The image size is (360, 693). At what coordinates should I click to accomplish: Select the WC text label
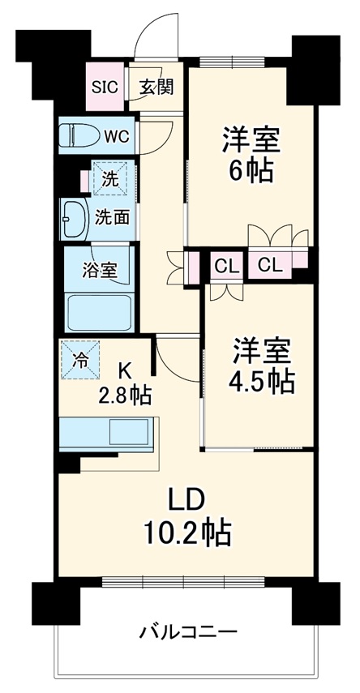point(115,135)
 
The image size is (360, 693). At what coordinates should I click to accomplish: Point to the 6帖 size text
point(251,171)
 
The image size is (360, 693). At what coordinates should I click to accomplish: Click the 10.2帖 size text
point(189,533)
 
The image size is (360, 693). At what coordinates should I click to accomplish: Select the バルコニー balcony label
point(187,631)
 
